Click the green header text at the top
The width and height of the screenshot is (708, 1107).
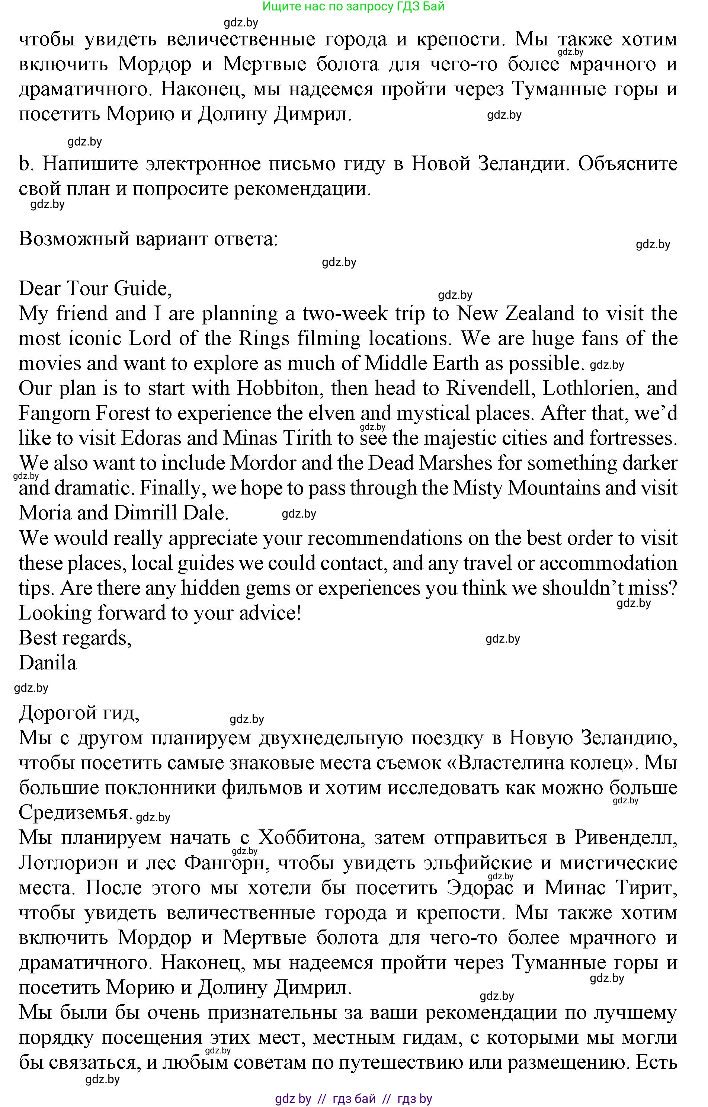pos(353,6)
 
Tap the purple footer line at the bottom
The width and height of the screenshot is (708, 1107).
pos(353,1099)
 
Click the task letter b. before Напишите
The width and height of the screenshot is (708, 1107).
pos(24,164)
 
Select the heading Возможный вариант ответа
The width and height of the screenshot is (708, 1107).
pos(148,240)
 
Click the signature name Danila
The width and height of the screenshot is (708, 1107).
pos(47,663)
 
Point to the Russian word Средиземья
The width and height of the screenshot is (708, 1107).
pos(74,813)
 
